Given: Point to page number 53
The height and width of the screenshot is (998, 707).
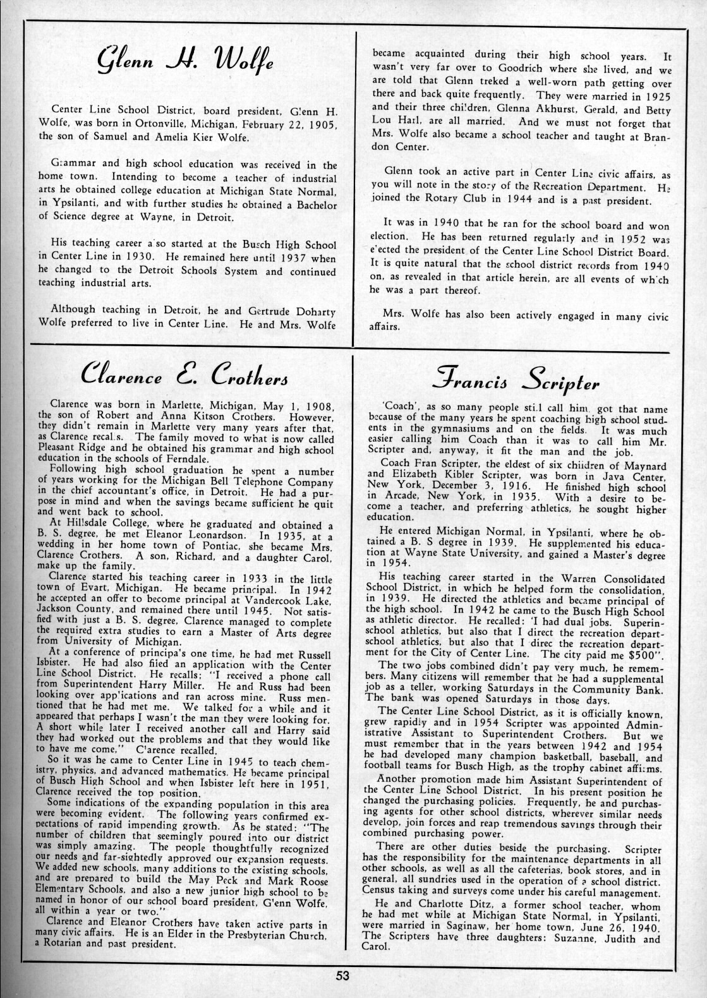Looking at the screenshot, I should pyautogui.click(x=342, y=976).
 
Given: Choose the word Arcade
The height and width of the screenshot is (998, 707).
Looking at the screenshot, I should pyautogui.click(x=397, y=497).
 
